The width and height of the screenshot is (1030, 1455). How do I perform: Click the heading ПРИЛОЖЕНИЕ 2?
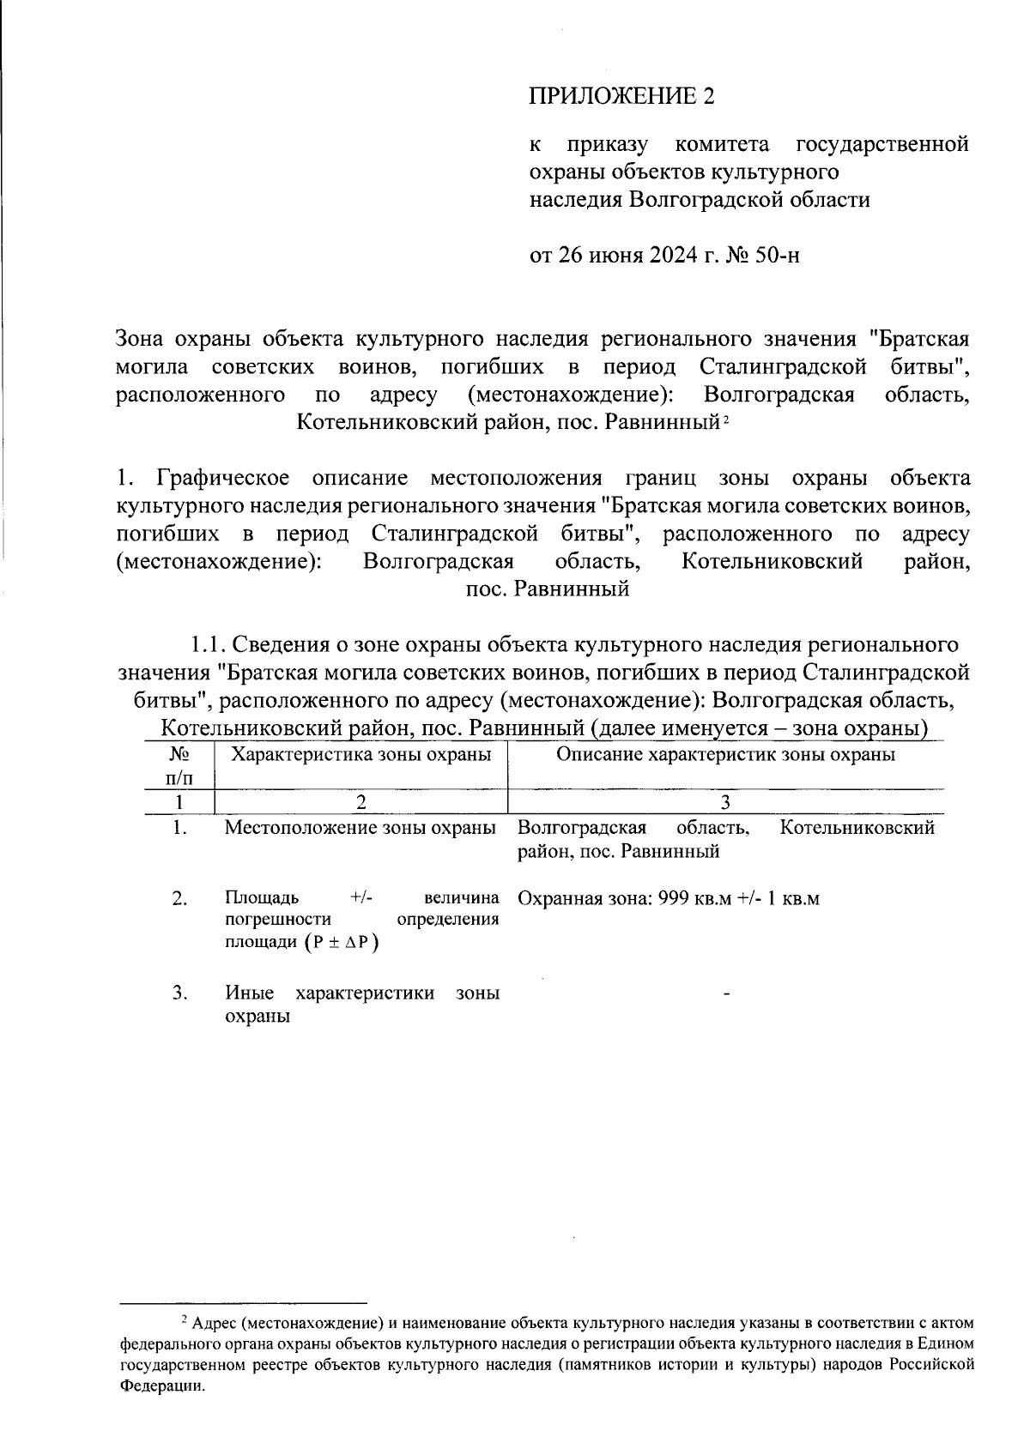point(621,95)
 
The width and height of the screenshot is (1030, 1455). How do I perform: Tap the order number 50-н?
point(776,255)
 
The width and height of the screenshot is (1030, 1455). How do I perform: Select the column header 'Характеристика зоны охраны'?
point(361,755)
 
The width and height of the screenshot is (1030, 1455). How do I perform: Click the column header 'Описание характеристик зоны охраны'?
point(725,755)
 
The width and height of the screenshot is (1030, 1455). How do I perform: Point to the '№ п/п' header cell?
point(179,766)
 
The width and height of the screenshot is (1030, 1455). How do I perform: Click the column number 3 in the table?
point(725,802)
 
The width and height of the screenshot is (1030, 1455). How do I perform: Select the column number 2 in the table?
point(361,802)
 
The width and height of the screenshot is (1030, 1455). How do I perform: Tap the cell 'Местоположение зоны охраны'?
point(360,828)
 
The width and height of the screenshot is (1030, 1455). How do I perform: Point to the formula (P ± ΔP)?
point(341,942)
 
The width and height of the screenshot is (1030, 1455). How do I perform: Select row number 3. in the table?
point(179,993)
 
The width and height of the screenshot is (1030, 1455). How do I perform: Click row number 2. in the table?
point(179,898)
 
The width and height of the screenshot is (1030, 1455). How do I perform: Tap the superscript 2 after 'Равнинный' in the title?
point(726,419)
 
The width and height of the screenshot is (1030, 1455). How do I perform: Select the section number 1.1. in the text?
point(209,643)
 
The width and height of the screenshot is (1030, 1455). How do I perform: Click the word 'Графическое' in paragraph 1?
point(222,478)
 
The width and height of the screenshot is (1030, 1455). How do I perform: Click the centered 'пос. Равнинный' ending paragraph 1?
point(547,589)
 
